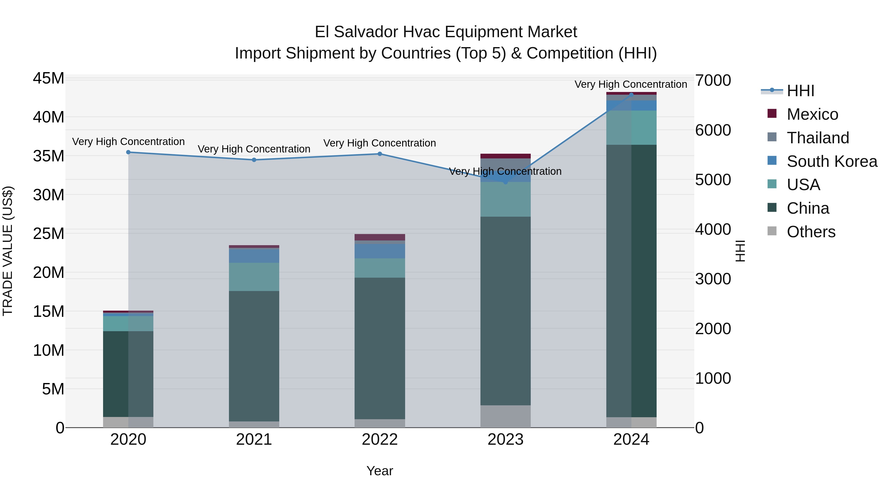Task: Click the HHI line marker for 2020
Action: [128, 152]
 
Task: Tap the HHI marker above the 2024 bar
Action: [631, 95]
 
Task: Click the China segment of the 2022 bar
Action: [380, 348]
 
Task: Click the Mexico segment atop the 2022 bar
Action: [380, 237]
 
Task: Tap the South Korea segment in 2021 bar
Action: [254, 256]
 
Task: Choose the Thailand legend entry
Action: [818, 138]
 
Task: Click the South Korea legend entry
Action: [832, 161]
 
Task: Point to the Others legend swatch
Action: [772, 231]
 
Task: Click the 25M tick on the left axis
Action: [49, 234]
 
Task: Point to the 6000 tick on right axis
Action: [713, 130]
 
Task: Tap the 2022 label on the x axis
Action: [380, 440]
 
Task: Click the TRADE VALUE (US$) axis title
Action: [8, 251]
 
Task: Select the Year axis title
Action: [380, 471]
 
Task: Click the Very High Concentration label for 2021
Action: [254, 149]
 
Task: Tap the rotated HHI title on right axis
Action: [740, 251]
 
